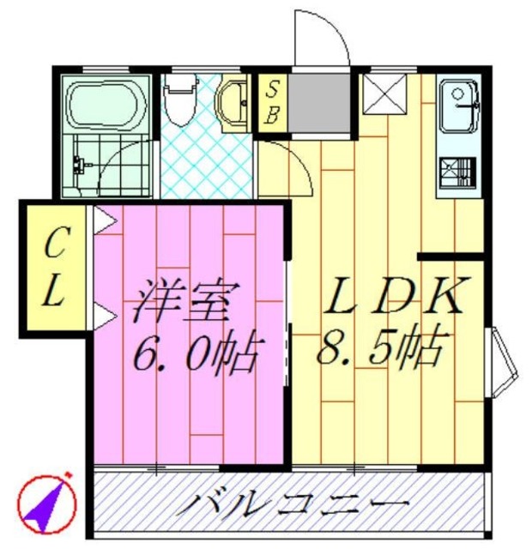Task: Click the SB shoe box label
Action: click(x=271, y=102)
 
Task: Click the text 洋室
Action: click(x=181, y=301)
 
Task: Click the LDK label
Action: click(x=396, y=296)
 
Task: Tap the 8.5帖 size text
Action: click(x=382, y=347)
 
